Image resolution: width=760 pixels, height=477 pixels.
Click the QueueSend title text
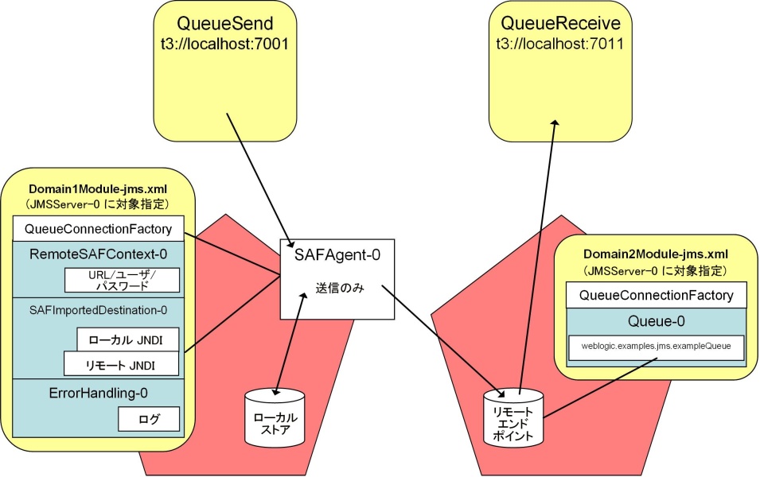click(225, 23)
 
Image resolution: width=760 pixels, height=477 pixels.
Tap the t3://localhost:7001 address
click(225, 44)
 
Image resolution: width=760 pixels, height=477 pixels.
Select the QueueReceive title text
click(560, 23)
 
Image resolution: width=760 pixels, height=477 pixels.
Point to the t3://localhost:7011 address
click(560, 44)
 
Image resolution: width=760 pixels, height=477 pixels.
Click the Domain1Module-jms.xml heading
click(98, 189)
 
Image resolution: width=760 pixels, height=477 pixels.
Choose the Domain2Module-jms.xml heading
click(656, 254)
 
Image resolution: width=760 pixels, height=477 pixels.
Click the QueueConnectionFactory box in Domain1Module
click(99, 229)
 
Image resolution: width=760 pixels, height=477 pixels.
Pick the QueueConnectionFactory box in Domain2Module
click(657, 295)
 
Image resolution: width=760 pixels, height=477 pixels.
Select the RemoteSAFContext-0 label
click(99, 254)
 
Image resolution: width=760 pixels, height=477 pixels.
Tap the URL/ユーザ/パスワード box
click(122, 281)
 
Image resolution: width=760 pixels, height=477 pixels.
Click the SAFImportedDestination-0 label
click(99, 310)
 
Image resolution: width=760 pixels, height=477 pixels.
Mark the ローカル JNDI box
click(128, 340)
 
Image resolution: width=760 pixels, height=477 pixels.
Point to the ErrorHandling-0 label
click(99, 393)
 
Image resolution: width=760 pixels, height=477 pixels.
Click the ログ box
click(149, 419)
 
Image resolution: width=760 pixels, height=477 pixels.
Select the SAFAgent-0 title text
click(337, 254)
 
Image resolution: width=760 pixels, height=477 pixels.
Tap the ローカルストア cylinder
click(275, 417)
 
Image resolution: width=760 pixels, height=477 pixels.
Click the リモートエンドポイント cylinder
click(513, 417)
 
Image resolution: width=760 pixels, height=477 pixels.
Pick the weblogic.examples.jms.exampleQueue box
click(657, 347)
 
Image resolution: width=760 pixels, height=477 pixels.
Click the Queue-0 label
click(657, 321)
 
